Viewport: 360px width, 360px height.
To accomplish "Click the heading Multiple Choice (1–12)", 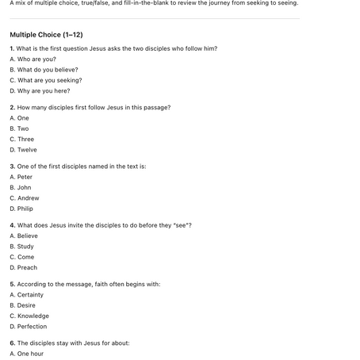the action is point(46,35).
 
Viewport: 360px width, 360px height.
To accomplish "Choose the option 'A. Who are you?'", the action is point(33,59).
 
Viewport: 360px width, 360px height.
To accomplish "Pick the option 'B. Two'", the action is point(19,128).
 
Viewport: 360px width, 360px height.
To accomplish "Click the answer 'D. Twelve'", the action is point(23,150).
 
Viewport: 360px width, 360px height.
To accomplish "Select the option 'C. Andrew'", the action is point(24,198).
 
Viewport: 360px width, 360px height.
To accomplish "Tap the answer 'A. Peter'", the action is point(21,177).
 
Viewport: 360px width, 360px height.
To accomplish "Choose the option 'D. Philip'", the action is point(23,209).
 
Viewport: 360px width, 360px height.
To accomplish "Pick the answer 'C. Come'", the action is point(21,257).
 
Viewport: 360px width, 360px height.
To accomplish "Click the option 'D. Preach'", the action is point(23,267).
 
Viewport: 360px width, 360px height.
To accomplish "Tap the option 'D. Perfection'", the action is point(28,327).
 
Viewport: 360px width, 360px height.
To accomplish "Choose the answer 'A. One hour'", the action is point(26,354).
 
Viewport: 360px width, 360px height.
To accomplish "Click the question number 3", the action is point(12,166).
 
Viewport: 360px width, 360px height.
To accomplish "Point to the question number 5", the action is point(12,284).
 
